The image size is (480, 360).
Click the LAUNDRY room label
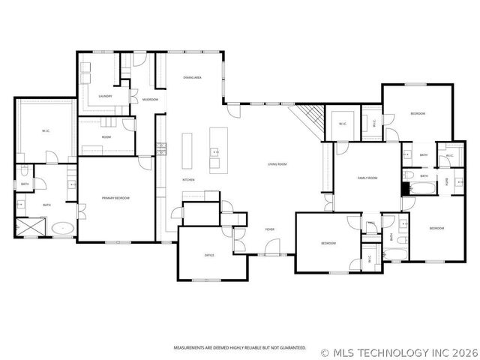pyautogui.click(x=105, y=95)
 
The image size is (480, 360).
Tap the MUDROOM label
pyautogui.click(x=151, y=99)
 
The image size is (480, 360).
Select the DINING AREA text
pyautogui.click(x=193, y=77)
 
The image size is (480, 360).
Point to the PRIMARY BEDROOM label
pyautogui.click(x=116, y=197)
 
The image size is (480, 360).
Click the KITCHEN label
pyautogui.click(x=189, y=180)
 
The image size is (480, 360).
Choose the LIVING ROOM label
pyautogui.click(x=277, y=164)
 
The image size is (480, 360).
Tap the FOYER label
pyautogui.click(x=269, y=229)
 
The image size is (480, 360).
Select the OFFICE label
pyautogui.click(x=210, y=255)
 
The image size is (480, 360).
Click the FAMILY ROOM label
pyautogui.click(x=367, y=178)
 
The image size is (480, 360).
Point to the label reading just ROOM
pyautogui.click(x=106, y=137)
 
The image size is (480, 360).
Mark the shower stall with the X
pyautogui.click(x=29, y=227)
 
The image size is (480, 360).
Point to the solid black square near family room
pyautogui.click(x=406, y=189)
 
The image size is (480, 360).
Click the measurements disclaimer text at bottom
pyautogui.click(x=240, y=348)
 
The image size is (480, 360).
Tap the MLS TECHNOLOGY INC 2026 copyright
pyautogui.click(x=399, y=351)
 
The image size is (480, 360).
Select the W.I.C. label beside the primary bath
pyautogui.click(x=45, y=132)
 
